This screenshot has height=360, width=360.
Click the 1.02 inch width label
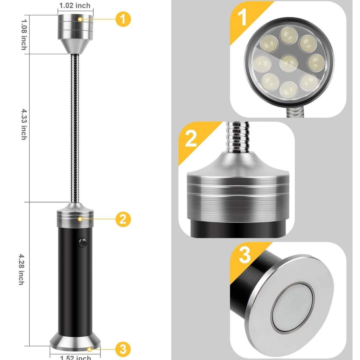pyautogui.click(x=75, y=5)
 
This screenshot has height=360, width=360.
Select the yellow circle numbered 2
pyautogui.click(x=123, y=219)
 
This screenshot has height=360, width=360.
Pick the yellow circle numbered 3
pyautogui.click(x=123, y=349)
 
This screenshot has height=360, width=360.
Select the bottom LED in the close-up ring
pyautogui.click(x=289, y=89)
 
